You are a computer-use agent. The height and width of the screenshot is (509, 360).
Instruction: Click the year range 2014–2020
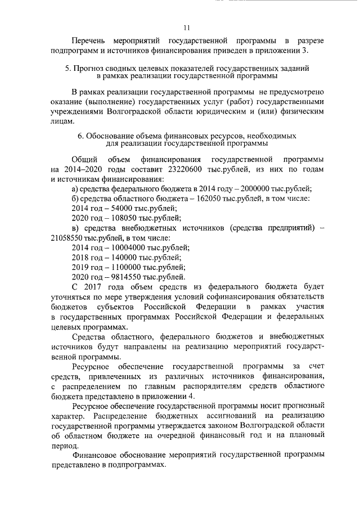click(79, 170)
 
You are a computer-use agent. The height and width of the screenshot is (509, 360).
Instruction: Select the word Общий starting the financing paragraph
click(86, 160)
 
